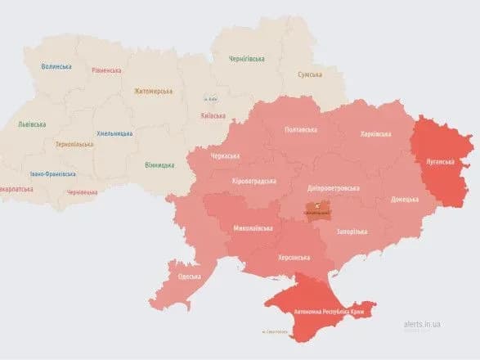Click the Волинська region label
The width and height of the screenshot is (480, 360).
click(x=56, y=67)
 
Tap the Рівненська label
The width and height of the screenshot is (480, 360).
click(x=108, y=72)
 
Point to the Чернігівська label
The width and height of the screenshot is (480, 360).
click(x=247, y=59)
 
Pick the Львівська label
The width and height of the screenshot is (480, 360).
click(x=32, y=124)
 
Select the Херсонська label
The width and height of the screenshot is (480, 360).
click(x=294, y=258)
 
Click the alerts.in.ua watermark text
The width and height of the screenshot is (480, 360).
click(x=423, y=324)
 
